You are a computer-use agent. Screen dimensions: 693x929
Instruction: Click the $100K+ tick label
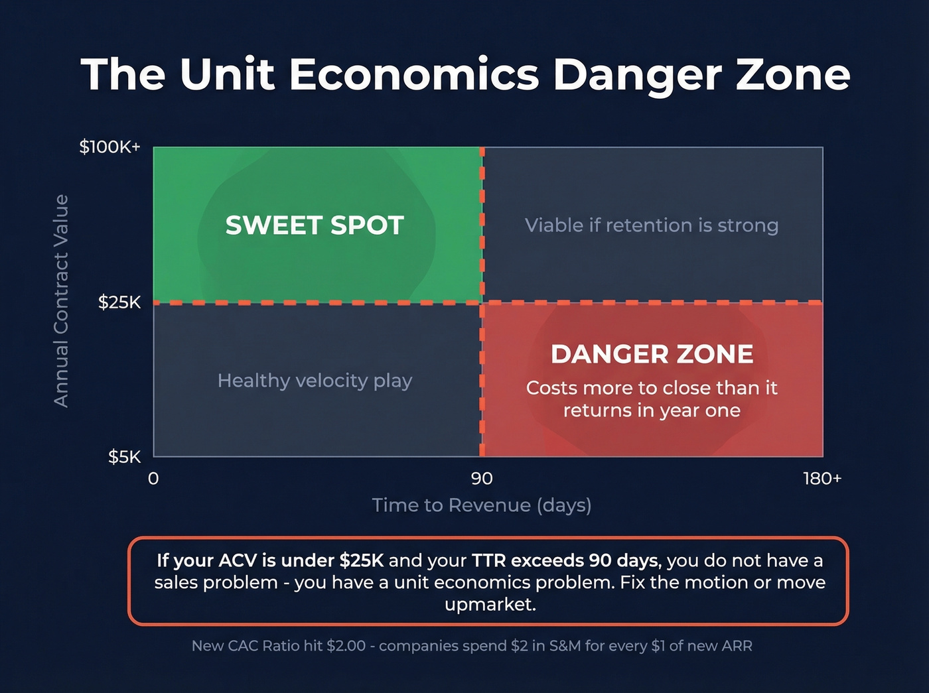click(110, 147)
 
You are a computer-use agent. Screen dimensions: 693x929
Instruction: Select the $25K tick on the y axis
click(119, 302)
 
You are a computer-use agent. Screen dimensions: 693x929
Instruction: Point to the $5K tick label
click(125, 457)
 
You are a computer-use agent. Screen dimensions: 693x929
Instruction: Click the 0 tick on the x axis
click(153, 479)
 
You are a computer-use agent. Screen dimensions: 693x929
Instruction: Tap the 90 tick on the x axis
click(482, 479)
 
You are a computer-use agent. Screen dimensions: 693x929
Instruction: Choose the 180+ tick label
click(822, 479)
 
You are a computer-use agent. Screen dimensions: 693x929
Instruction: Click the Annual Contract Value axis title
click(61, 300)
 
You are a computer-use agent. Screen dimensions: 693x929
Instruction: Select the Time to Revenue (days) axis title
click(482, 505)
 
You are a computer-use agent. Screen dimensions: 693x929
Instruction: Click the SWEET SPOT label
click(315, 225)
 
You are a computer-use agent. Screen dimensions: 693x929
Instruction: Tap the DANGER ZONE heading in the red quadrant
click(652, 354)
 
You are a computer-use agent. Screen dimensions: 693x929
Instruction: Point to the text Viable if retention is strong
click(652, 225)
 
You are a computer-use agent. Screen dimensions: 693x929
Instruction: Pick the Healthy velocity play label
click(315, 381)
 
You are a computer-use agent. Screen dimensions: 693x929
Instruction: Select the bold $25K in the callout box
click(362, 561)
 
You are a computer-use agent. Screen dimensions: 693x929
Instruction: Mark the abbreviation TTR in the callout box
click(489, 561)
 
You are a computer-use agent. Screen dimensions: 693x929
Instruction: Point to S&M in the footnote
click(565, 646)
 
